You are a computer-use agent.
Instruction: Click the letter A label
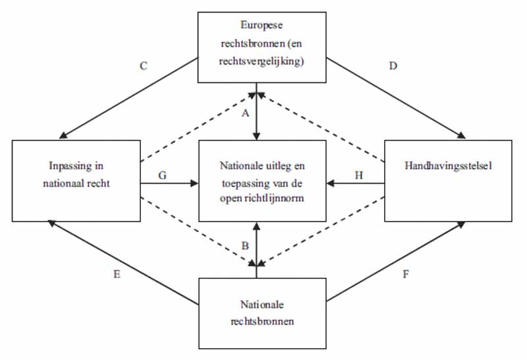246,113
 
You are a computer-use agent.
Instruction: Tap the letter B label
245,246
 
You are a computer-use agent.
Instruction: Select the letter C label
144,66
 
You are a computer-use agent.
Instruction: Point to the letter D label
393,66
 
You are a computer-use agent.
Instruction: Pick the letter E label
117,274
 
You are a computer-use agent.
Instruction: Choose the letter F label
406,274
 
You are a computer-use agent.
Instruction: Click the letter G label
162,175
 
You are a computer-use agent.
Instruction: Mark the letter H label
359,175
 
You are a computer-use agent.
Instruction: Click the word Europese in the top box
262,25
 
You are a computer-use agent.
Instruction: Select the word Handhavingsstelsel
448,165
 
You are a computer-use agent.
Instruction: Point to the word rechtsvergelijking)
262,62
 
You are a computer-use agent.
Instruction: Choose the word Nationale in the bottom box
262,305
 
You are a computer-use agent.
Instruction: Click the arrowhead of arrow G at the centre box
195,183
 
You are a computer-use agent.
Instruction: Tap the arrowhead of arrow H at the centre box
330,183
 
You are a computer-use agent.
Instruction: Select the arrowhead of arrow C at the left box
63,136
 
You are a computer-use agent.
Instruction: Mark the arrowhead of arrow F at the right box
462,224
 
